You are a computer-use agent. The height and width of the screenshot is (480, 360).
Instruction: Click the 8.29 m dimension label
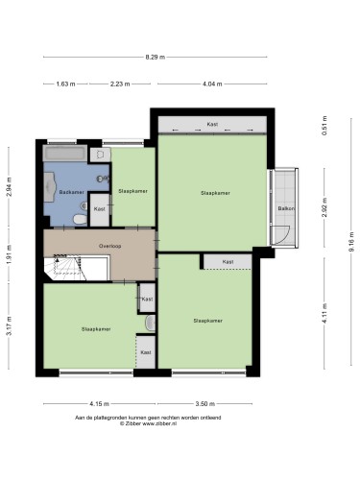(156, 58)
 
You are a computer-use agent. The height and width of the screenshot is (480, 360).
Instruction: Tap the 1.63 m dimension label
(65, 84)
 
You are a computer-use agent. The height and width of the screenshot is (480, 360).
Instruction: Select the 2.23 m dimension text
(120, 84)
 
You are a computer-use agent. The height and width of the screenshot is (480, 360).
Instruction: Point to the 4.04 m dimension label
(212, 84)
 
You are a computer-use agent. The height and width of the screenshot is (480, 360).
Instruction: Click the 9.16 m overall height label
(351, 242)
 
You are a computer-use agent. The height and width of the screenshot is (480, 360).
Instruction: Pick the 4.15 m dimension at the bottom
(99, 404)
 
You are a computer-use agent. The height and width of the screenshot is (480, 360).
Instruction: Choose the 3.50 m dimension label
(204, 404)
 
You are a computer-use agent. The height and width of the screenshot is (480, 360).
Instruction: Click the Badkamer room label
(72, 192)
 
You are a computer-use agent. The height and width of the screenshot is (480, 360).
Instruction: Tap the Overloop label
(109, 246)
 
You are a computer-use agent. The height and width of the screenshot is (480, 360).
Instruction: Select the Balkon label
(286, 208)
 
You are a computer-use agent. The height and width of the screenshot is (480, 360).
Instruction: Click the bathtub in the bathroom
(65, 154)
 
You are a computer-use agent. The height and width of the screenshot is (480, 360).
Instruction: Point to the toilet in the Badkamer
(80, 220)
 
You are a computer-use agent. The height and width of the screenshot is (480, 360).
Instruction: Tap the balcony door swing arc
(286, 237)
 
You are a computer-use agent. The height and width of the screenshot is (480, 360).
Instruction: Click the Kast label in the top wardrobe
(212, 124)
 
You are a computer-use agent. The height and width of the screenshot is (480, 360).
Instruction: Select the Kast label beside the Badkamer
(100, 209)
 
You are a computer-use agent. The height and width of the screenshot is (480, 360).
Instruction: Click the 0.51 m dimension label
(324, 126)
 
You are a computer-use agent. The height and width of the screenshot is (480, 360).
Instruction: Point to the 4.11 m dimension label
(324, 313)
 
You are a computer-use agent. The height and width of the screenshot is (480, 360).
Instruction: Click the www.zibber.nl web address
(159, 423)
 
